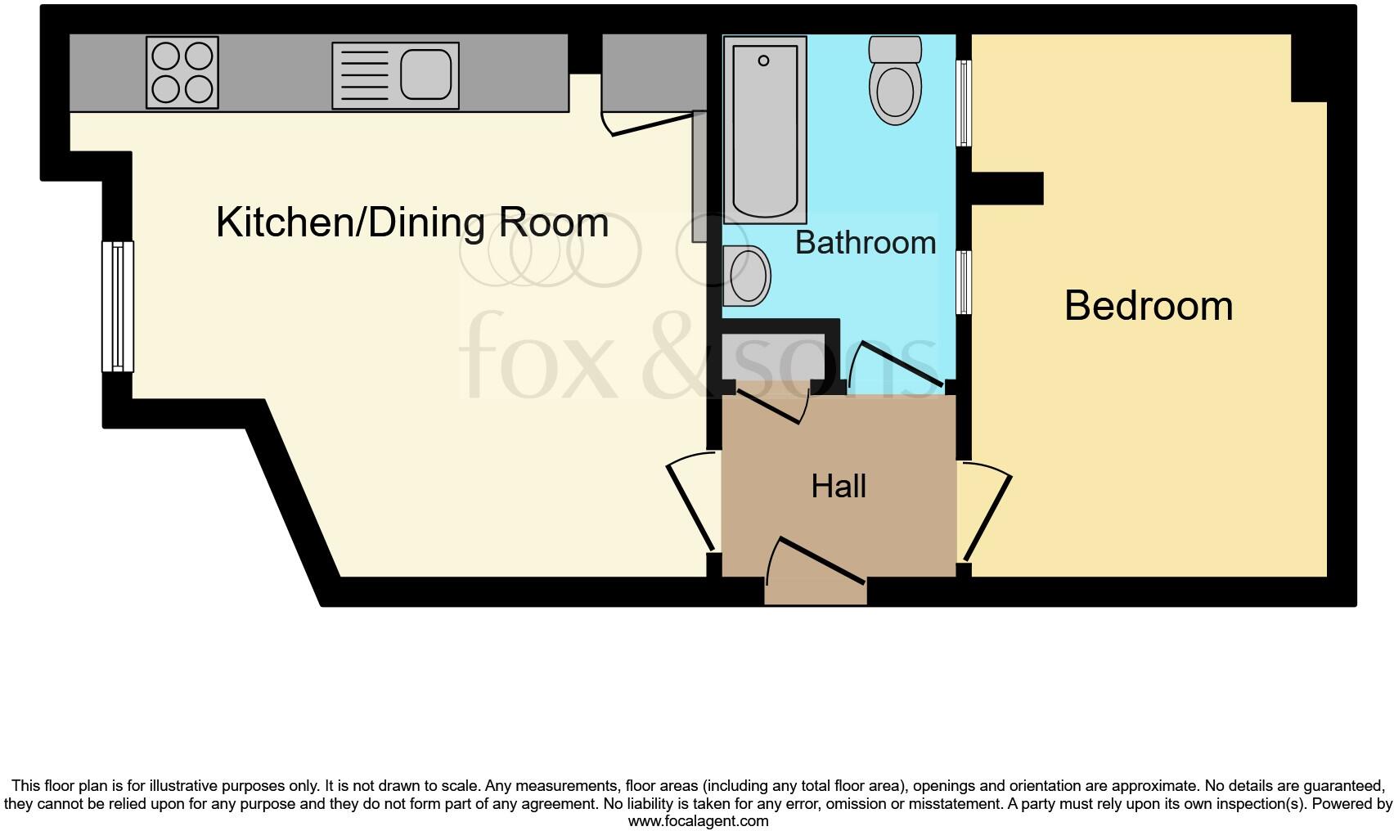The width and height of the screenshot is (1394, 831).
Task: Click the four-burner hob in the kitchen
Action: pos(182,72)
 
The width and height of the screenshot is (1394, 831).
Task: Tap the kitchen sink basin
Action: pos(425,74)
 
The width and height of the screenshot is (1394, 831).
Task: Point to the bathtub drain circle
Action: pos(763,61)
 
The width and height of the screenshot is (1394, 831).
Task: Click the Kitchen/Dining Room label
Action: pos(411,222)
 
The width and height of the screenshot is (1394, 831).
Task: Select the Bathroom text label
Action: pos(866,242)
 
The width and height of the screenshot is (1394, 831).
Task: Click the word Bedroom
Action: pos(1148,306)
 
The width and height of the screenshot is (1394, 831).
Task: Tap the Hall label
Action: pos(839,487)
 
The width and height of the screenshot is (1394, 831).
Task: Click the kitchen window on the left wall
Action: pos(118,307)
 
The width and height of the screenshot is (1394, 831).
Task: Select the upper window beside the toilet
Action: pos(964,103)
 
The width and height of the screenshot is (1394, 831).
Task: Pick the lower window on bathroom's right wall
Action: pos(964,283)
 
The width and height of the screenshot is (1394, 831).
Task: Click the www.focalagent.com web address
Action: pos(698,821)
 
